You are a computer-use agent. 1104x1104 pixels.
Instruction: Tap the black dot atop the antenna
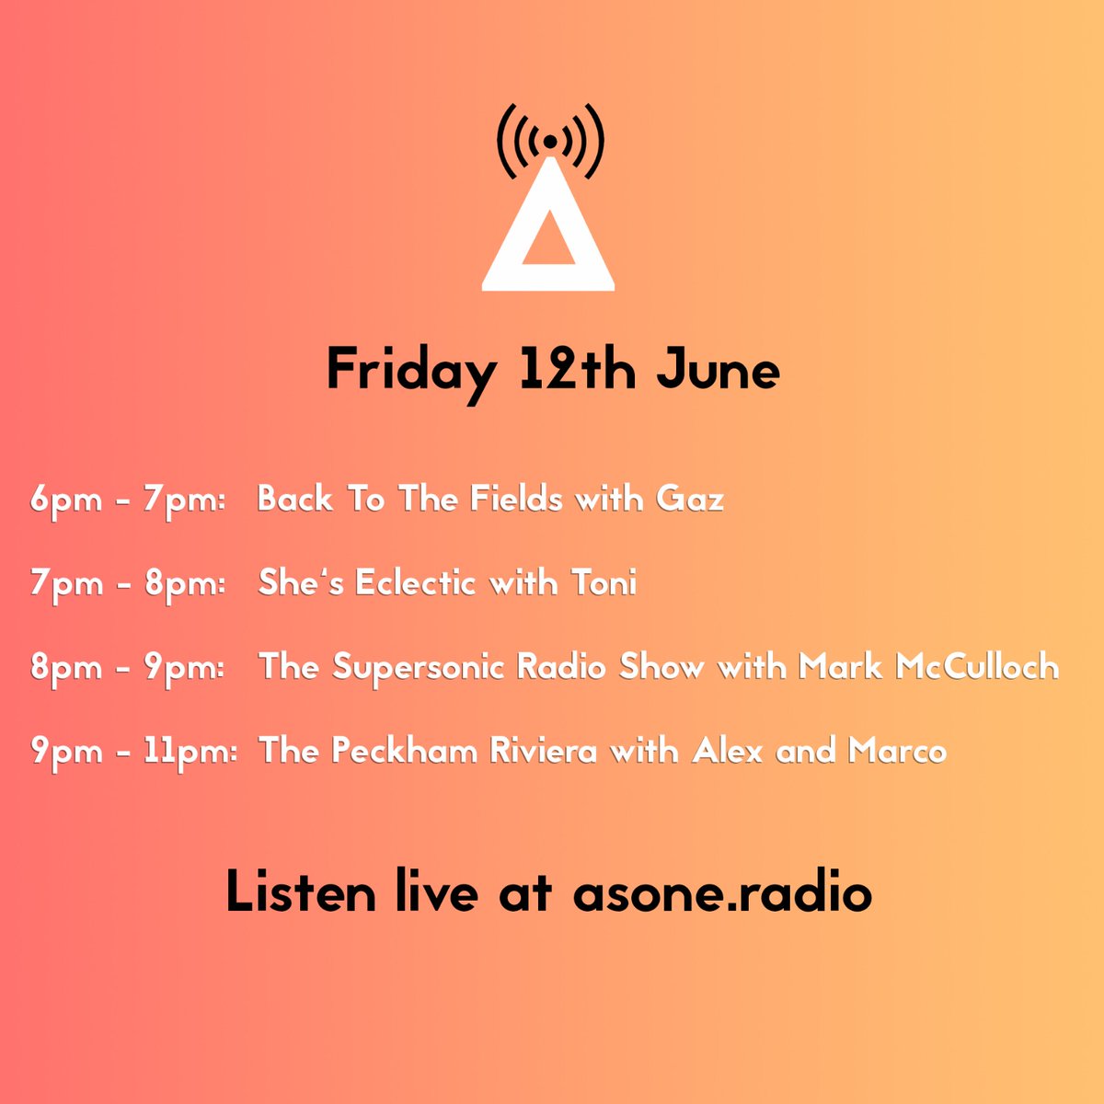(549, 142)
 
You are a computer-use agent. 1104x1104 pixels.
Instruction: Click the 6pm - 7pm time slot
(128, 500)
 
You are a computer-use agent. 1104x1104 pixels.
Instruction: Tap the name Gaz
(690, 500)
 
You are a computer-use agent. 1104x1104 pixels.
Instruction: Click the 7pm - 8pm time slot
(128, 584)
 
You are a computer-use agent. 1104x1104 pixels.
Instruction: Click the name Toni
(604, 583)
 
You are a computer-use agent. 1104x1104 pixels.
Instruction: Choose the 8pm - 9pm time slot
(128, 668)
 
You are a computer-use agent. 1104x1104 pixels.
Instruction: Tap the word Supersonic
(419, 668)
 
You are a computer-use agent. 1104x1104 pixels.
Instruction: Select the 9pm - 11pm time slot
(134, 752)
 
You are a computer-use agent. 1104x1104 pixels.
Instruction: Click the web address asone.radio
(722, 892)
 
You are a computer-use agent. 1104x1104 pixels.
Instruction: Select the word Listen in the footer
(301, 892)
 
